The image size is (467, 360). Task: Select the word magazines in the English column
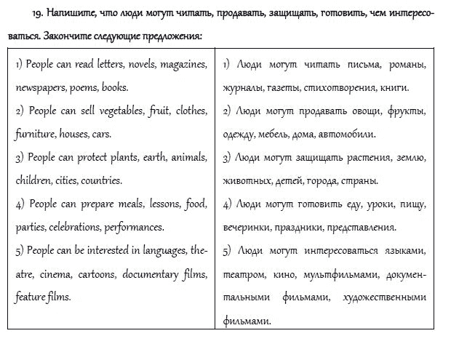[x=183, y=65]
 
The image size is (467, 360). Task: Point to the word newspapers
[x=40, y=88]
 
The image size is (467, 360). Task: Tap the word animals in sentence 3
[x=188, y=157]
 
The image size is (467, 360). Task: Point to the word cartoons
[x=97, y=274]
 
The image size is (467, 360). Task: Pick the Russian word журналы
[x=244, y=89]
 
